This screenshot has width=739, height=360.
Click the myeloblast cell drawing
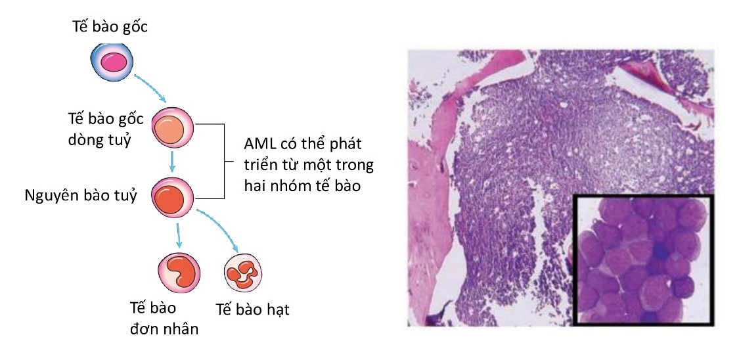tap(173, 197)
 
